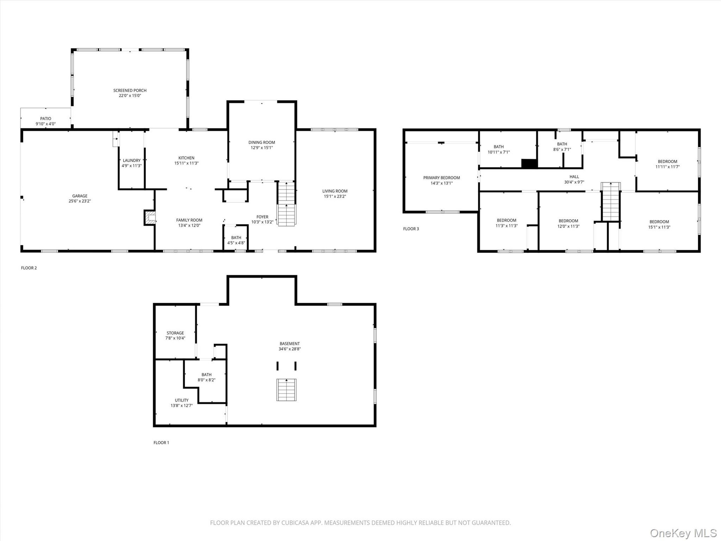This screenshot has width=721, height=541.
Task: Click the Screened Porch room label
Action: (x=130, y=91)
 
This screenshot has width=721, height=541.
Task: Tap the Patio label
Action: (x=46, y=119)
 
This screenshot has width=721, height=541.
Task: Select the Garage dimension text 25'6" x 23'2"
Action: (x=80, y=201)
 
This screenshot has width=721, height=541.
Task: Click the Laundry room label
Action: (x=131, y=160)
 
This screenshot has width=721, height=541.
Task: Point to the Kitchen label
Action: (x=186, y=158)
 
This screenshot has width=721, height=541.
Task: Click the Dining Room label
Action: (x=262, y=142)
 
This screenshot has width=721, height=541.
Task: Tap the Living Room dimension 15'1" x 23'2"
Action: (x=335, y=196)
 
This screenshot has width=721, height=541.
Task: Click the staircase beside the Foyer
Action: (x=287, y=204)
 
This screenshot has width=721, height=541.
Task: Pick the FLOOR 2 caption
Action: (x=29, y=268)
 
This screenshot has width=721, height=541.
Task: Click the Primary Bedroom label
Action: (x=442, y=178)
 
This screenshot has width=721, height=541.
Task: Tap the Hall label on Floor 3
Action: (x=574, y=177)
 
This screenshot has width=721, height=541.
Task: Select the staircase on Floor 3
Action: (x=611, y=202)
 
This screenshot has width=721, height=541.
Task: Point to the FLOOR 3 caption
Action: (x=411, y=229)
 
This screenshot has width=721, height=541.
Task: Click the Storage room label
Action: (x=175, y=333)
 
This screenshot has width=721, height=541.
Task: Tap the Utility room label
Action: (x=182, y=400)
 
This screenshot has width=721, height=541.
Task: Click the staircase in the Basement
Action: (x=287, y=390)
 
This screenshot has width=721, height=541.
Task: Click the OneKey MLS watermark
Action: (x=684, y=533)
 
